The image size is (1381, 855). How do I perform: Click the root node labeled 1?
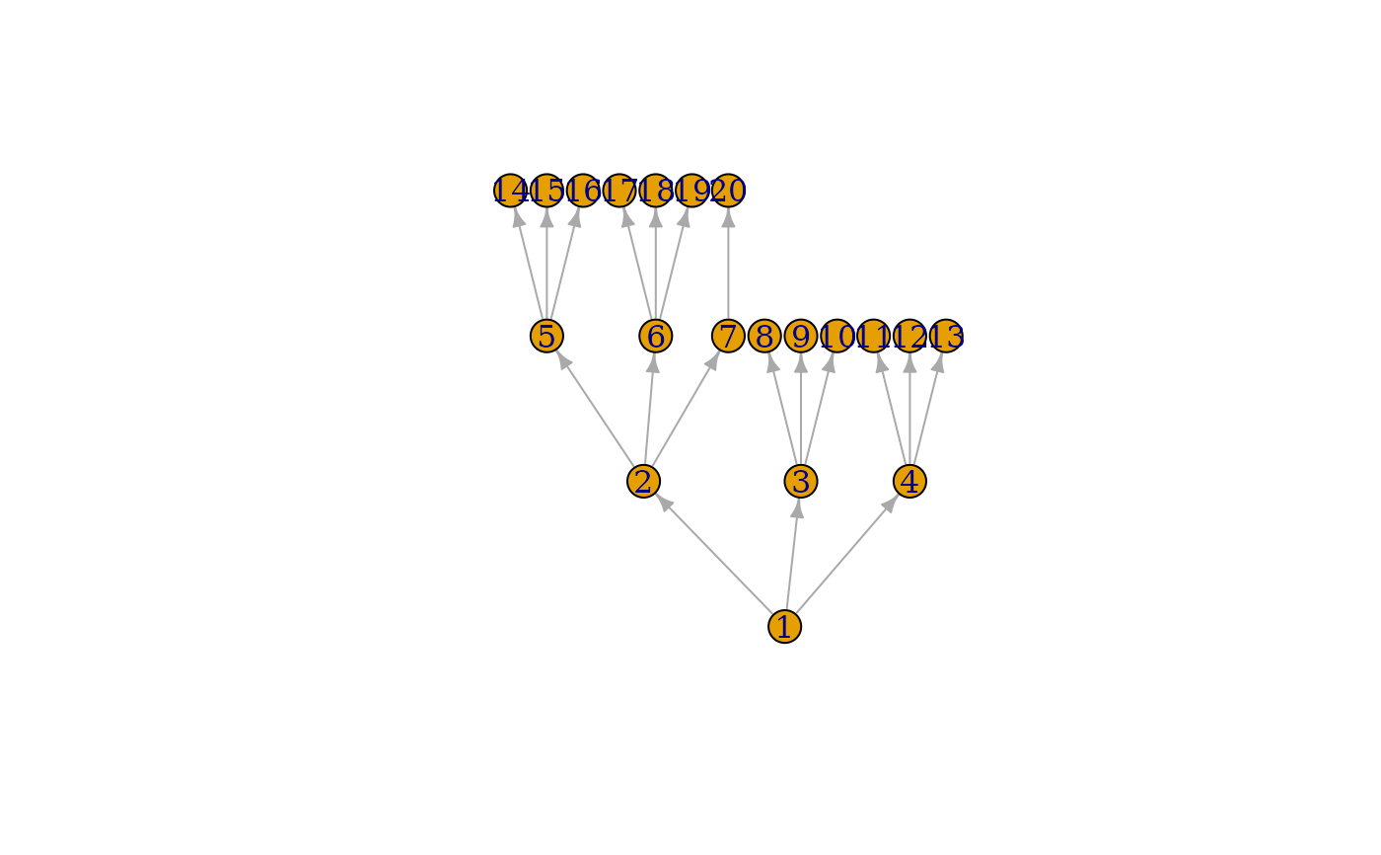784,626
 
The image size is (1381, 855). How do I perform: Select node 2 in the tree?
643,481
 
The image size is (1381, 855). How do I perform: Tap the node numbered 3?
800,481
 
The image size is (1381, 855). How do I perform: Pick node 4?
909,481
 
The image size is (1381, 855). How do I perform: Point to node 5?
546,336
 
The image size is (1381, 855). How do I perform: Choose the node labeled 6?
655,336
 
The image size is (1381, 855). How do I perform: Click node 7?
728,336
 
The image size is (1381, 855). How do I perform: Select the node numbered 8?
764,336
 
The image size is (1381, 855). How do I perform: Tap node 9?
801,336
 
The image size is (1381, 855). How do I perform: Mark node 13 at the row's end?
946,336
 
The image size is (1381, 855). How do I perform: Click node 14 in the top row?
510,191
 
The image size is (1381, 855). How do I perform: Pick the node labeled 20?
728,191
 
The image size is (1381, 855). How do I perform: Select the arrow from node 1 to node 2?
714,554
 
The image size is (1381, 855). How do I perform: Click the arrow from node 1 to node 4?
846,554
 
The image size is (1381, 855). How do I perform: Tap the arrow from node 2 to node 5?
595,409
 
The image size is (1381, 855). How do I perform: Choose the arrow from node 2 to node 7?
686,409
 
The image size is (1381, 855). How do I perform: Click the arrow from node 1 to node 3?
792,554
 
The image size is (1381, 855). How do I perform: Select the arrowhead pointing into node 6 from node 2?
653,363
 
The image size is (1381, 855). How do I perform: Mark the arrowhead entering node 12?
909,363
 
